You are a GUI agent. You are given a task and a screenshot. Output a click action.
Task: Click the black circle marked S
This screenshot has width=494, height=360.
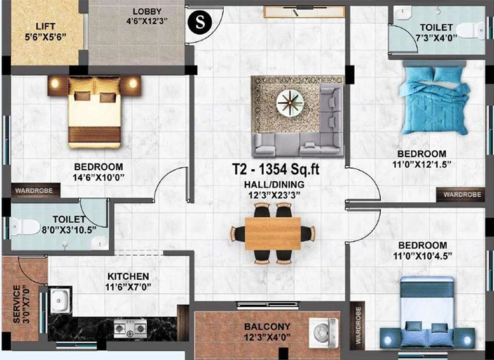(200, 22)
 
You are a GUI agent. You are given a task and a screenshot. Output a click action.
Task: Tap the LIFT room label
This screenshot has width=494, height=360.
(45, 26)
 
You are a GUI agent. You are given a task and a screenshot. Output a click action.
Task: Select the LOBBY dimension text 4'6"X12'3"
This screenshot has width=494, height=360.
(147, 22)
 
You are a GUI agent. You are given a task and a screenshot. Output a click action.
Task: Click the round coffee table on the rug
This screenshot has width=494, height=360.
(290, 103)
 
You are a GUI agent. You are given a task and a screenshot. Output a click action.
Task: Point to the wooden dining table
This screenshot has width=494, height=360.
(273, 233)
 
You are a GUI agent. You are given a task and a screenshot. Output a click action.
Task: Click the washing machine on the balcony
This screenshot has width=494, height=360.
(324, 333)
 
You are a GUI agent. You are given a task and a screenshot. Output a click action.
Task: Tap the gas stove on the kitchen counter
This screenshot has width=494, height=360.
(130, 328)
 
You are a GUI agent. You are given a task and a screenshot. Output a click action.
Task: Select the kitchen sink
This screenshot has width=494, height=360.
(60, 300)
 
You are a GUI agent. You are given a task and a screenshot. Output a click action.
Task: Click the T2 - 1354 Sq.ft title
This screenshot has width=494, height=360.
(276, 170)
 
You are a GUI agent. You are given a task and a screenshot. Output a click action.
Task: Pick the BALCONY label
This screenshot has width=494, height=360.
(267, 326)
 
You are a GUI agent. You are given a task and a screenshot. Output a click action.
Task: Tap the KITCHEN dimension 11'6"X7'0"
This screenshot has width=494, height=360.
(128, 287)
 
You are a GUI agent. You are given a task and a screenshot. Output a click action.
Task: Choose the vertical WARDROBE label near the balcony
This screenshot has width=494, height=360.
(358, 325)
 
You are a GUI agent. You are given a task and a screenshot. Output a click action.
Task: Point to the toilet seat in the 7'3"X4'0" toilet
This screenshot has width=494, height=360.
(470, 31)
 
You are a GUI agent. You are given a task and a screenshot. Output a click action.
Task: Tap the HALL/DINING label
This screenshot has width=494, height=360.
(274, 184)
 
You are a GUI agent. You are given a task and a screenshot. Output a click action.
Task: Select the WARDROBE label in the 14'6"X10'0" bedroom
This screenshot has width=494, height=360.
(34, 191)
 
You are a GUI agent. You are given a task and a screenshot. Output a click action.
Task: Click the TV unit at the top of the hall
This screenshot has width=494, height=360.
(304, 12)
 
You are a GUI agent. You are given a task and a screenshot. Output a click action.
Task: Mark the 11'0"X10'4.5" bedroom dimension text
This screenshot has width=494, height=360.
(423, 256)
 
